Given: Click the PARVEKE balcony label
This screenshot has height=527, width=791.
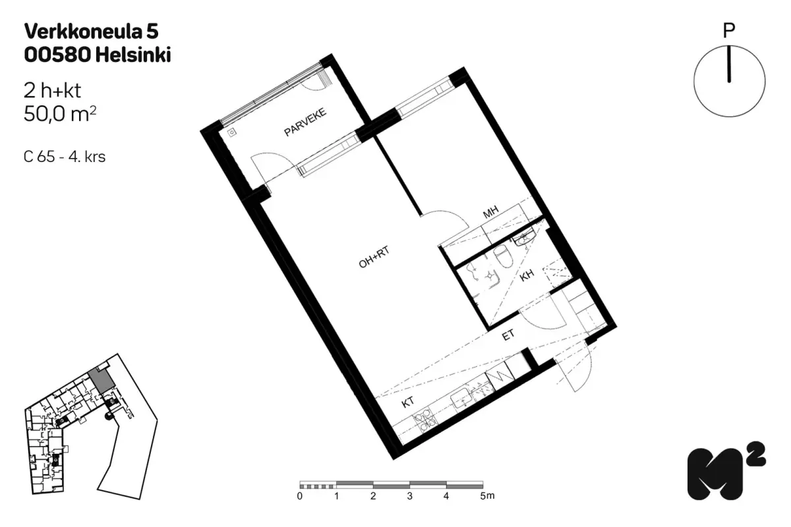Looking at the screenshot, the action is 305,122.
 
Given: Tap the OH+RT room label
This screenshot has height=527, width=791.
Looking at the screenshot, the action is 374,257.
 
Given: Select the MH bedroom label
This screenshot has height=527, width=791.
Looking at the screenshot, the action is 490,212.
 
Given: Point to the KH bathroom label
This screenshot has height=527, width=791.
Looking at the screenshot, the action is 527,275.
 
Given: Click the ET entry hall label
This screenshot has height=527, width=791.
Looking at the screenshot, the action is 508,335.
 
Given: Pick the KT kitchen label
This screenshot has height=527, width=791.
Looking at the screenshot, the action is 407,402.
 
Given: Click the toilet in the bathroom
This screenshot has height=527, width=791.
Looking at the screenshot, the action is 502,256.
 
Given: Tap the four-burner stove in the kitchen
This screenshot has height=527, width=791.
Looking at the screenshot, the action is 426,420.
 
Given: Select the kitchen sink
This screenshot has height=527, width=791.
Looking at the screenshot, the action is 462,398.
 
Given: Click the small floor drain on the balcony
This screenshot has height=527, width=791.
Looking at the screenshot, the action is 231,132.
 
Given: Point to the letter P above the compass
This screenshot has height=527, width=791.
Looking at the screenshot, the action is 729,31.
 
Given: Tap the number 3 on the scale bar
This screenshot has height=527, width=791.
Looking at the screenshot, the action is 409,496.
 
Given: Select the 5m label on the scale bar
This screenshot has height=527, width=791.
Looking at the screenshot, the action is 487,495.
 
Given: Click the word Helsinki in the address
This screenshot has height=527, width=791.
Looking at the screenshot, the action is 132,55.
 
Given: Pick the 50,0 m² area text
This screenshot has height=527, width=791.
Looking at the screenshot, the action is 60,114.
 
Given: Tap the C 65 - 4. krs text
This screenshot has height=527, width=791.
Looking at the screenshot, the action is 65,157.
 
